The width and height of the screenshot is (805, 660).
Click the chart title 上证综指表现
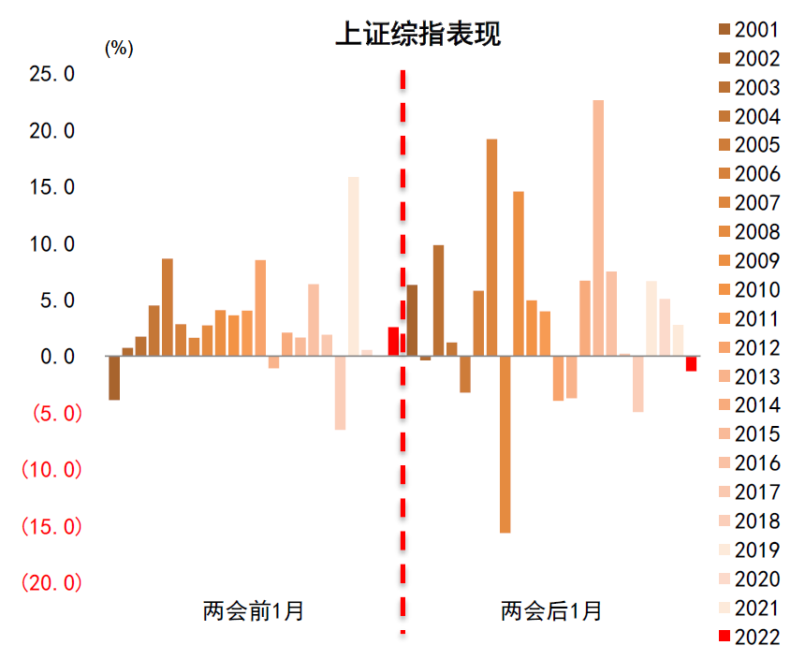[418, 35]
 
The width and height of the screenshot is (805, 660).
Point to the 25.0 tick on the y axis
[51, 73]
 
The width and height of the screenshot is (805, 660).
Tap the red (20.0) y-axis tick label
[51, 583]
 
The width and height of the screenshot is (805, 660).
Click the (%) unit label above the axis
[119, 49]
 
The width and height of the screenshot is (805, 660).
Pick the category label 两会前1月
[254, 612]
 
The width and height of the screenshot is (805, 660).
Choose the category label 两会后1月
[551, 612]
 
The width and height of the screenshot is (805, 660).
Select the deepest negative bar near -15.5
[505, 445]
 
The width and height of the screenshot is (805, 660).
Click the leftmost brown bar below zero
[114, 378]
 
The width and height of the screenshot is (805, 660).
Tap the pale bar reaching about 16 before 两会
[353, 267]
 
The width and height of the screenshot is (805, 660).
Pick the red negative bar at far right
[691, 364]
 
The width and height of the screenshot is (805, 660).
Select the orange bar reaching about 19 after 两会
[491, 248]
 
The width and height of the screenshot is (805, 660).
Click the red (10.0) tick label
[51, 470]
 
